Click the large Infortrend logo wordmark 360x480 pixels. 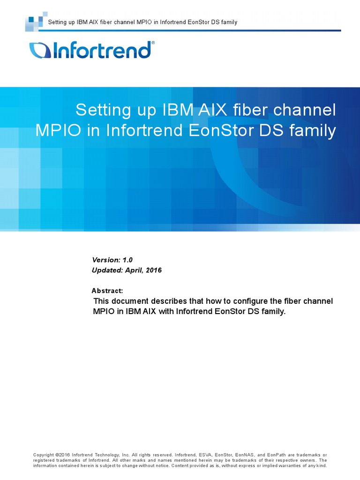click(x=90, y=50)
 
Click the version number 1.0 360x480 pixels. click(x=127, y=260)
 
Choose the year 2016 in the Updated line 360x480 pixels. click(x=154, y=270)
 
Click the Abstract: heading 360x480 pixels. click(x=107, y=291)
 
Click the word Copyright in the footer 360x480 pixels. click(x=44, y=455)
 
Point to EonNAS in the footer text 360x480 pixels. click(x=247, y=455)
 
